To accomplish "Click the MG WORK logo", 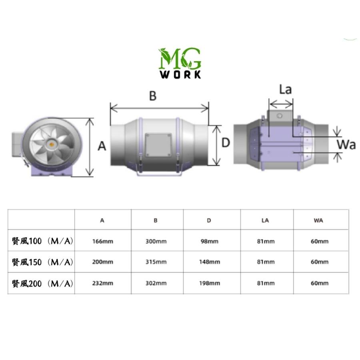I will (x=180, y=63).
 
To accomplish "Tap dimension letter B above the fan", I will (x=152, y=96).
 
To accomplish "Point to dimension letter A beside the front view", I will (x=102, y=146).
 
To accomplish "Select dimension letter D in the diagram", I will (x=226, y=143).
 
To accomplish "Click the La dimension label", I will (x=285, y=90).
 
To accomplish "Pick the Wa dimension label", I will (x=346, y=144).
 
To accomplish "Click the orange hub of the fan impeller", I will (x=52, y=142).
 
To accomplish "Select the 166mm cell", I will (x=103, y=241).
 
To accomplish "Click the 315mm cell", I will (x=156, y=262).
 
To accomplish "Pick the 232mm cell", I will (x=103, y=283).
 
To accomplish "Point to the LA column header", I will (x=265, y=220).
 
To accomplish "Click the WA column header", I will (x=319, y=220).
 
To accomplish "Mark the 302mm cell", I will (x=156, y=283).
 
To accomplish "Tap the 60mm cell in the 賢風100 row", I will (x=319, y=241).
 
